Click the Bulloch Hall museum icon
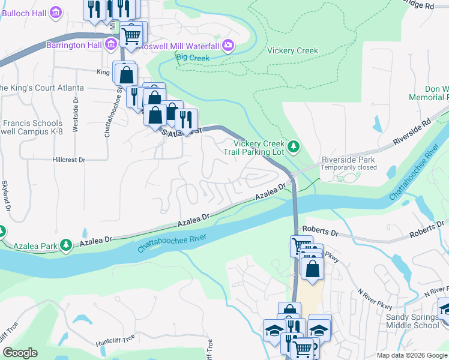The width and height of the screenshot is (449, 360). coord(56,12)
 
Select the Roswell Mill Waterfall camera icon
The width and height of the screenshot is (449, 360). coord(228,45)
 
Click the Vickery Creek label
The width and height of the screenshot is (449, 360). coord(292,51)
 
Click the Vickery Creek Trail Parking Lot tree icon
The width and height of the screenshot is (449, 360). coord(294,146)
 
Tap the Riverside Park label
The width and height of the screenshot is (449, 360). coord(348,160)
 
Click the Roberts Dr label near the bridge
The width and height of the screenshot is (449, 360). coord(321,230)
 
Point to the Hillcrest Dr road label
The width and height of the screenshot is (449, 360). coord(69,160)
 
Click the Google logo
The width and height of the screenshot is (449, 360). coord(20,353)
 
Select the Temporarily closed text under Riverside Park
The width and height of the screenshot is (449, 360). coord(348,167)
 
